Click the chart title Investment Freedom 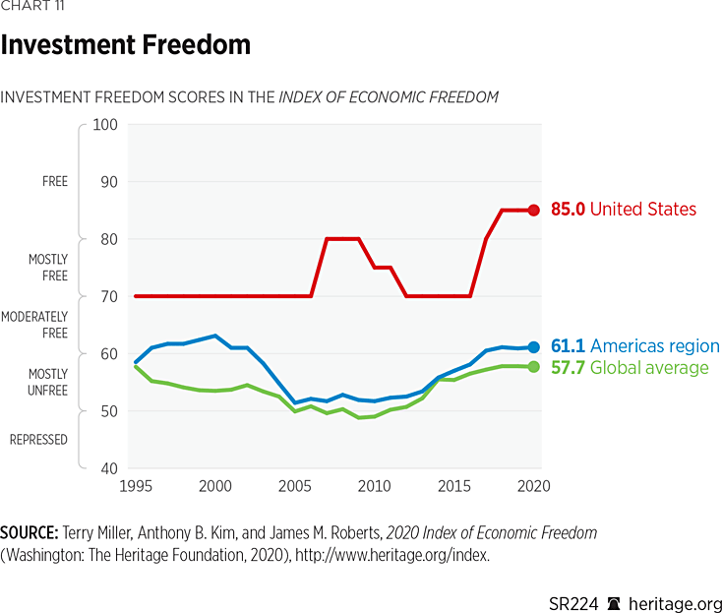tap(126, 45)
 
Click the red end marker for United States tap(534, 210)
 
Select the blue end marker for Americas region tap(534, 346)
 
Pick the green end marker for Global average tap(534, 367)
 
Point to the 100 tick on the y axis tap(105, 125)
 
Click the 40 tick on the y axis tap(108, 468)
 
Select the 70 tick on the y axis tap(108, 296)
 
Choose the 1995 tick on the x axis tap(135, 487)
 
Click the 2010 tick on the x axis tap(374, 487)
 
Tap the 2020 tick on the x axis tap(533, 487)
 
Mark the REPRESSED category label tap(38, 440)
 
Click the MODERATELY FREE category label tap(35, 325)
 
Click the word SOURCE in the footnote tap(27, 532)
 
